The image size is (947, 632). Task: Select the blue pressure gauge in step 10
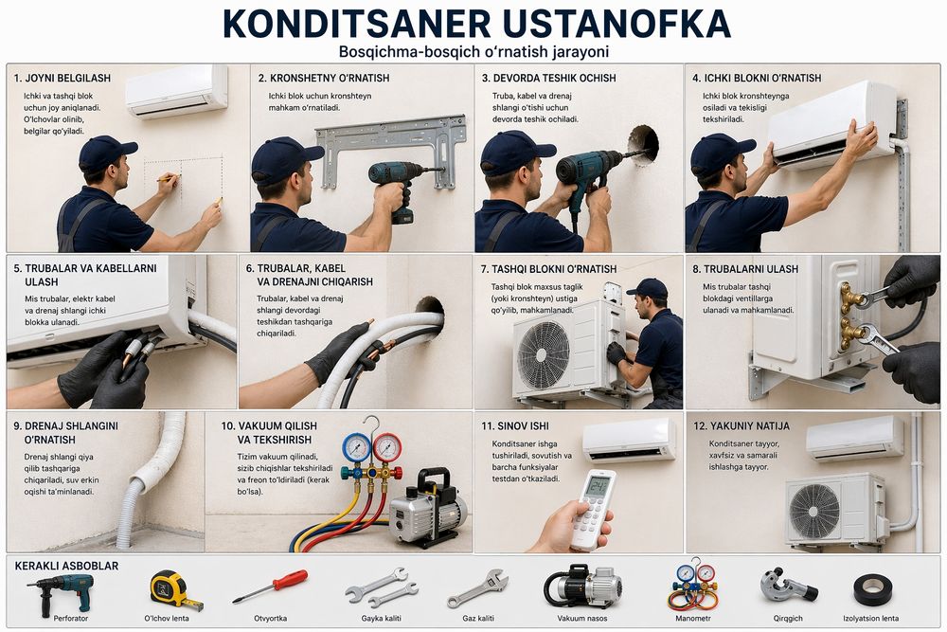pyautogui.click(x=356, y=446)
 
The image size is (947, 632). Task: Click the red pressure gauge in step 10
pyautogui.click(x=386, y=446)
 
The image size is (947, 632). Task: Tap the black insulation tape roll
pyautogui.click(x=873, y=589)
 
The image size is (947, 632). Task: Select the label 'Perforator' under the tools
pyautogui.click(x=59, y=618)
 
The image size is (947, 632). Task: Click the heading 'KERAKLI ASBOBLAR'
pyautogui.click(x=67, y=566)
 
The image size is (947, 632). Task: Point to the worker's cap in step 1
pyautogui.click(x=105, y=151)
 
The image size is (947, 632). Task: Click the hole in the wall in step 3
pyautogui.click(x=644, y=144)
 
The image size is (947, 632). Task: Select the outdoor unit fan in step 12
pyautogui.click(x=814, y=511)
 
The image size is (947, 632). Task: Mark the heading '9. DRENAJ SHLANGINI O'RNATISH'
pyautogui.click(x=65, y=433)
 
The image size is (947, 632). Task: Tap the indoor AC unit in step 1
pyautogui.click(x=176, y=90)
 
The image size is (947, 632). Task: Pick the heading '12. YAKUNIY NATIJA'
pyautogui.click(x=748, y=426)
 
